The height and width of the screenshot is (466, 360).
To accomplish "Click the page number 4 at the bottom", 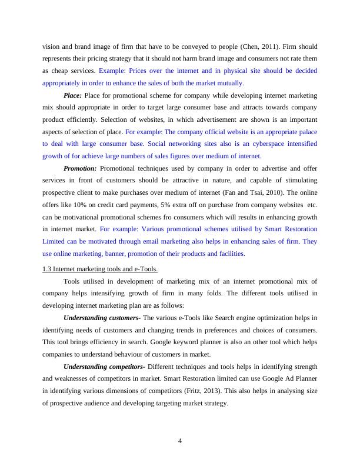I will pos(180,442).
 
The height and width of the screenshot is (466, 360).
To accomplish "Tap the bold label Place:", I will pos(72,95).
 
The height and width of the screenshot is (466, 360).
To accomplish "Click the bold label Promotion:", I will pos(80,168).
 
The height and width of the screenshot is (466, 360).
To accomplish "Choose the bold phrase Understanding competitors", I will pos(101,367).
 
